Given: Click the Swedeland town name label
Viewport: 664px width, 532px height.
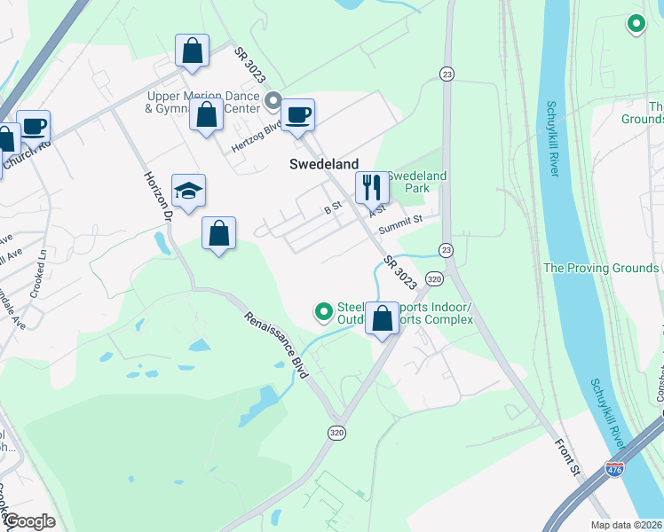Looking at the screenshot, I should coord(324,164).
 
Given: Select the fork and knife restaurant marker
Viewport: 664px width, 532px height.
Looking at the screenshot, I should coord(372,187).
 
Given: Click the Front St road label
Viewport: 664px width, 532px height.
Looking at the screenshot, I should coord(566,457).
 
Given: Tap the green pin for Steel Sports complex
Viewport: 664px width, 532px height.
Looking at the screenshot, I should coord(324,311).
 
